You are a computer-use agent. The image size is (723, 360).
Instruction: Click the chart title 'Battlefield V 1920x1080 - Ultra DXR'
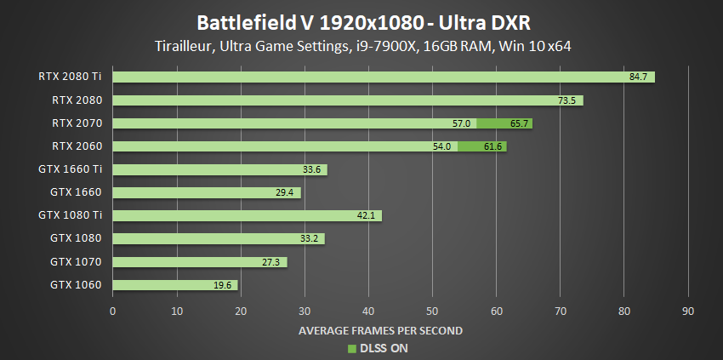pos(361,20)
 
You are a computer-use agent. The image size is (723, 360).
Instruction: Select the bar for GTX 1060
pos(174,285)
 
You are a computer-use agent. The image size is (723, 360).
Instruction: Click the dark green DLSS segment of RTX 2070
pos(504,123)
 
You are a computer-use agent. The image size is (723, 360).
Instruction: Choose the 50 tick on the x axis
pos(432,310)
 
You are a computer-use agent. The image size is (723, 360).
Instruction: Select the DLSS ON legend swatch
pos(350,348)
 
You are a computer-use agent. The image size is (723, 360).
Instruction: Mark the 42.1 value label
pos(367,216)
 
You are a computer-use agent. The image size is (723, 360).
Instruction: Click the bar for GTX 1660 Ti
pos(219,169)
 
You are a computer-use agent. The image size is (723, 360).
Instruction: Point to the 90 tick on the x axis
pos(688,310)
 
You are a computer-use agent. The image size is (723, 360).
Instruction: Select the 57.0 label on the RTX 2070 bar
pos(462,123)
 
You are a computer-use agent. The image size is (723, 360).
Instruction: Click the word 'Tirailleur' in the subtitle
pos(182,45)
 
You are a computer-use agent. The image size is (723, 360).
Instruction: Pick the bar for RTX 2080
pos(347,100)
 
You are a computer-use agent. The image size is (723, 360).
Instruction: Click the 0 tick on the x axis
pos(113,310)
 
